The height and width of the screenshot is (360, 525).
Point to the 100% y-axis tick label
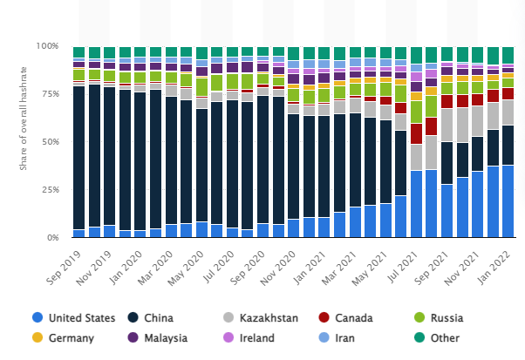tap(47, 45)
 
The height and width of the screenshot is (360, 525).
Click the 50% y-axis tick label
tap(49, 141)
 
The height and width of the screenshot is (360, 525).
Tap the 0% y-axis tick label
tap(51, 237)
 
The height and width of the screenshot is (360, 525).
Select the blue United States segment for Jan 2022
tap(508, 201)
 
